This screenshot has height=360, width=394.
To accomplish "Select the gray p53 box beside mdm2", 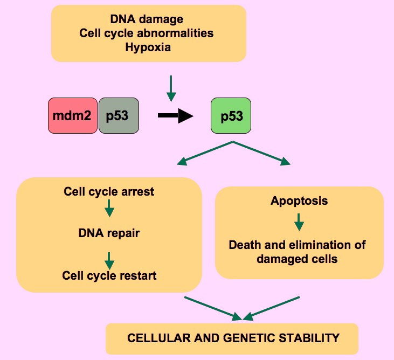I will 119,115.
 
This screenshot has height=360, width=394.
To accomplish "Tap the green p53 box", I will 231,115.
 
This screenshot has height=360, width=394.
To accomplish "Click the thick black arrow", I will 175,115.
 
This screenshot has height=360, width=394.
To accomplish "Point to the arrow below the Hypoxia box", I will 171,88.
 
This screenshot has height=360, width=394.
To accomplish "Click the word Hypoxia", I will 148,47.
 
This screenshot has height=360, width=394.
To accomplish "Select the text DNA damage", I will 147,19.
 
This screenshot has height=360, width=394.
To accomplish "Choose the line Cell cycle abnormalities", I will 147,33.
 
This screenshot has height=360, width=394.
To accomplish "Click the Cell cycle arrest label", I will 109,191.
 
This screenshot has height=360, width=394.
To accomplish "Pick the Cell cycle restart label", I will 109,276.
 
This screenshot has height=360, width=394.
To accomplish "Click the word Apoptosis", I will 299,202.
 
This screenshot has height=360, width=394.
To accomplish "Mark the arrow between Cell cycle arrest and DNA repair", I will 109,209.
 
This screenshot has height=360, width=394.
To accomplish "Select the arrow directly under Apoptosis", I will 299,222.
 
